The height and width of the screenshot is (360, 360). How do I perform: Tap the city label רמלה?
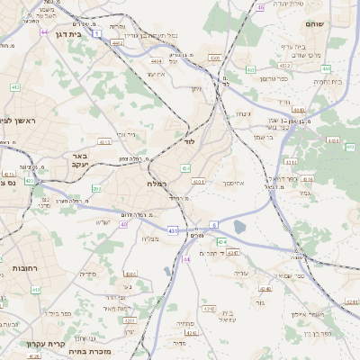[x=158, y=183]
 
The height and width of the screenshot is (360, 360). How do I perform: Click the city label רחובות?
[x=19, y=269]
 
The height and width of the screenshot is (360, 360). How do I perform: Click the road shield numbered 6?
[x=214, y=223]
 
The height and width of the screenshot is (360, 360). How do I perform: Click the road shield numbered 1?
[x=96, y=32]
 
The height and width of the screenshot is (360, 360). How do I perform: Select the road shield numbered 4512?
[x=284, y=66]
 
